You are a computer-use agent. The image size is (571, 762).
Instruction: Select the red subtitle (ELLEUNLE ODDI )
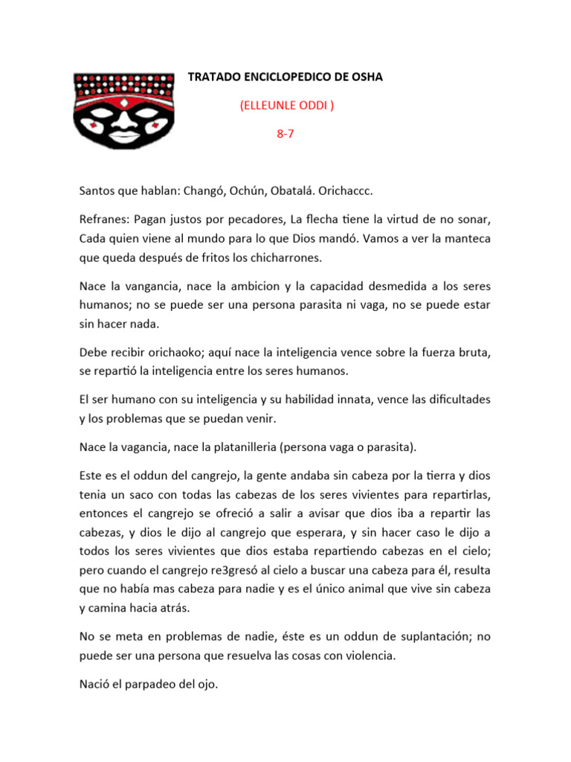[x=286, y=106]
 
